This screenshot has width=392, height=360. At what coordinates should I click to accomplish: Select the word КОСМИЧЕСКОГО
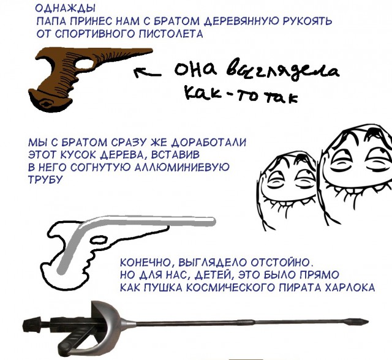tap(219, 285)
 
